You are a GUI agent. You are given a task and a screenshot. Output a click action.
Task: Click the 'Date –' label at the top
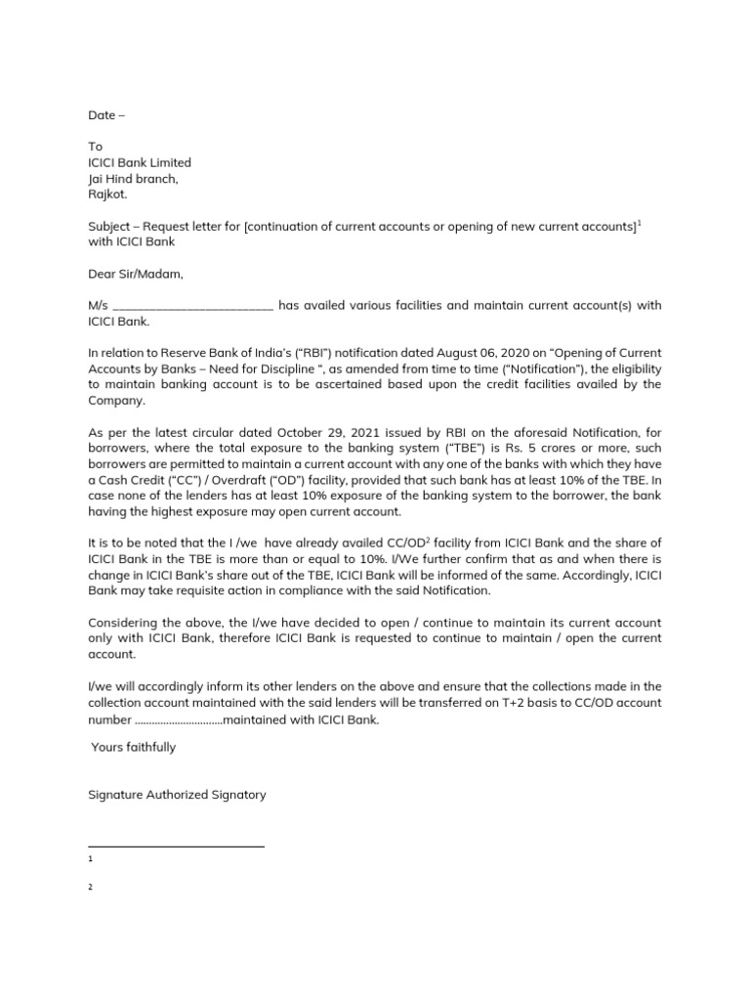106,115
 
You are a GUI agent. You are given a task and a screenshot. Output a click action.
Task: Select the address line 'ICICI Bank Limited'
140,163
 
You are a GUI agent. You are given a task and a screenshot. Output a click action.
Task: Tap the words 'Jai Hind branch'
132,179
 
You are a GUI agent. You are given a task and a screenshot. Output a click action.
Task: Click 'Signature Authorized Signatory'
177,795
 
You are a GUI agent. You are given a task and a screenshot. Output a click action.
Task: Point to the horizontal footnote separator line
176,846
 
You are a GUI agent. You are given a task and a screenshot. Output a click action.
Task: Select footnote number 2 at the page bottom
90,888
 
